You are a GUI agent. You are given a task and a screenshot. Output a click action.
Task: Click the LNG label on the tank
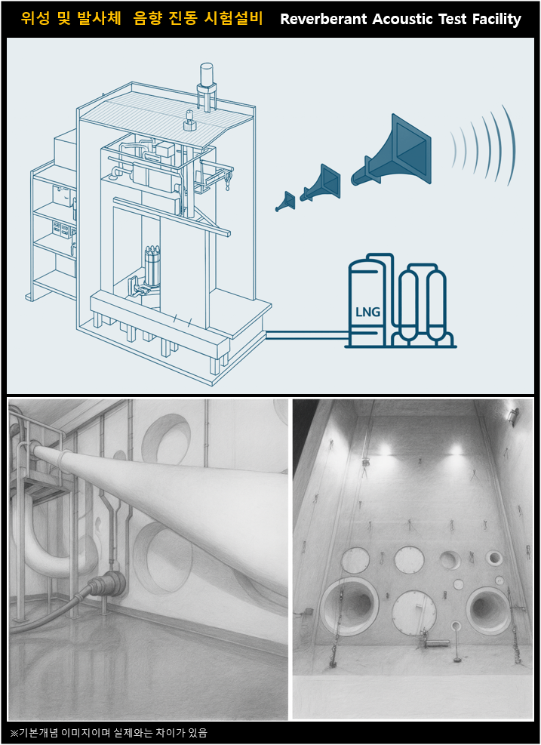(367, 312)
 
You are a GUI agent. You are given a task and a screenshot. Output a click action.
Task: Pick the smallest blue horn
(285, 202)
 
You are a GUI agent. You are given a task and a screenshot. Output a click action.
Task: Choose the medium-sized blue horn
(321, 183)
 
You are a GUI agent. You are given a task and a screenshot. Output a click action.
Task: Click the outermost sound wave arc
(509, 145)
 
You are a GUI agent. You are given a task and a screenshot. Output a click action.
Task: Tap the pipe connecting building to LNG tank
(307, 335)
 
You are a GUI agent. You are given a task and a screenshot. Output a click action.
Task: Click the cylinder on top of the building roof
(207, 74)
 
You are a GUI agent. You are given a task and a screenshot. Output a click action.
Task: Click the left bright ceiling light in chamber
(384, 449)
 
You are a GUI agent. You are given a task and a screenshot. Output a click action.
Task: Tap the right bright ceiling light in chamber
(455, 449)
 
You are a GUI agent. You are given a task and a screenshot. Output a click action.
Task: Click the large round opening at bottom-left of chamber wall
(349, 606)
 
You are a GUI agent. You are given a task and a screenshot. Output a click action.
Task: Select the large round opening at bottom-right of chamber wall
(488, 610)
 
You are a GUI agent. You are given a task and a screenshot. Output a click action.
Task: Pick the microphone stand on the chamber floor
(456, 642)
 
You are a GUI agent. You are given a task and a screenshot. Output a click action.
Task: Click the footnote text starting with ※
(109, 733)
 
